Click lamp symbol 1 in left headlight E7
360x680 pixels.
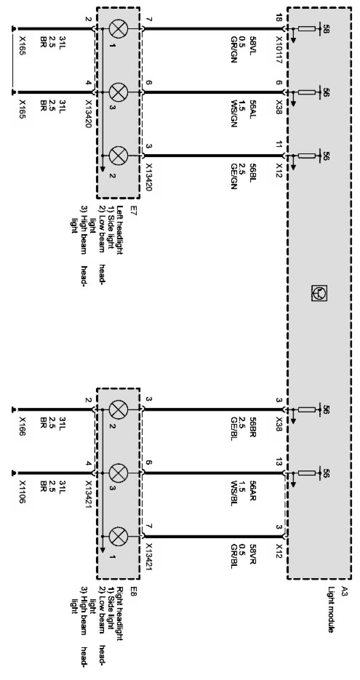[115, 29]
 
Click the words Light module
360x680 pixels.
[331, 609]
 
